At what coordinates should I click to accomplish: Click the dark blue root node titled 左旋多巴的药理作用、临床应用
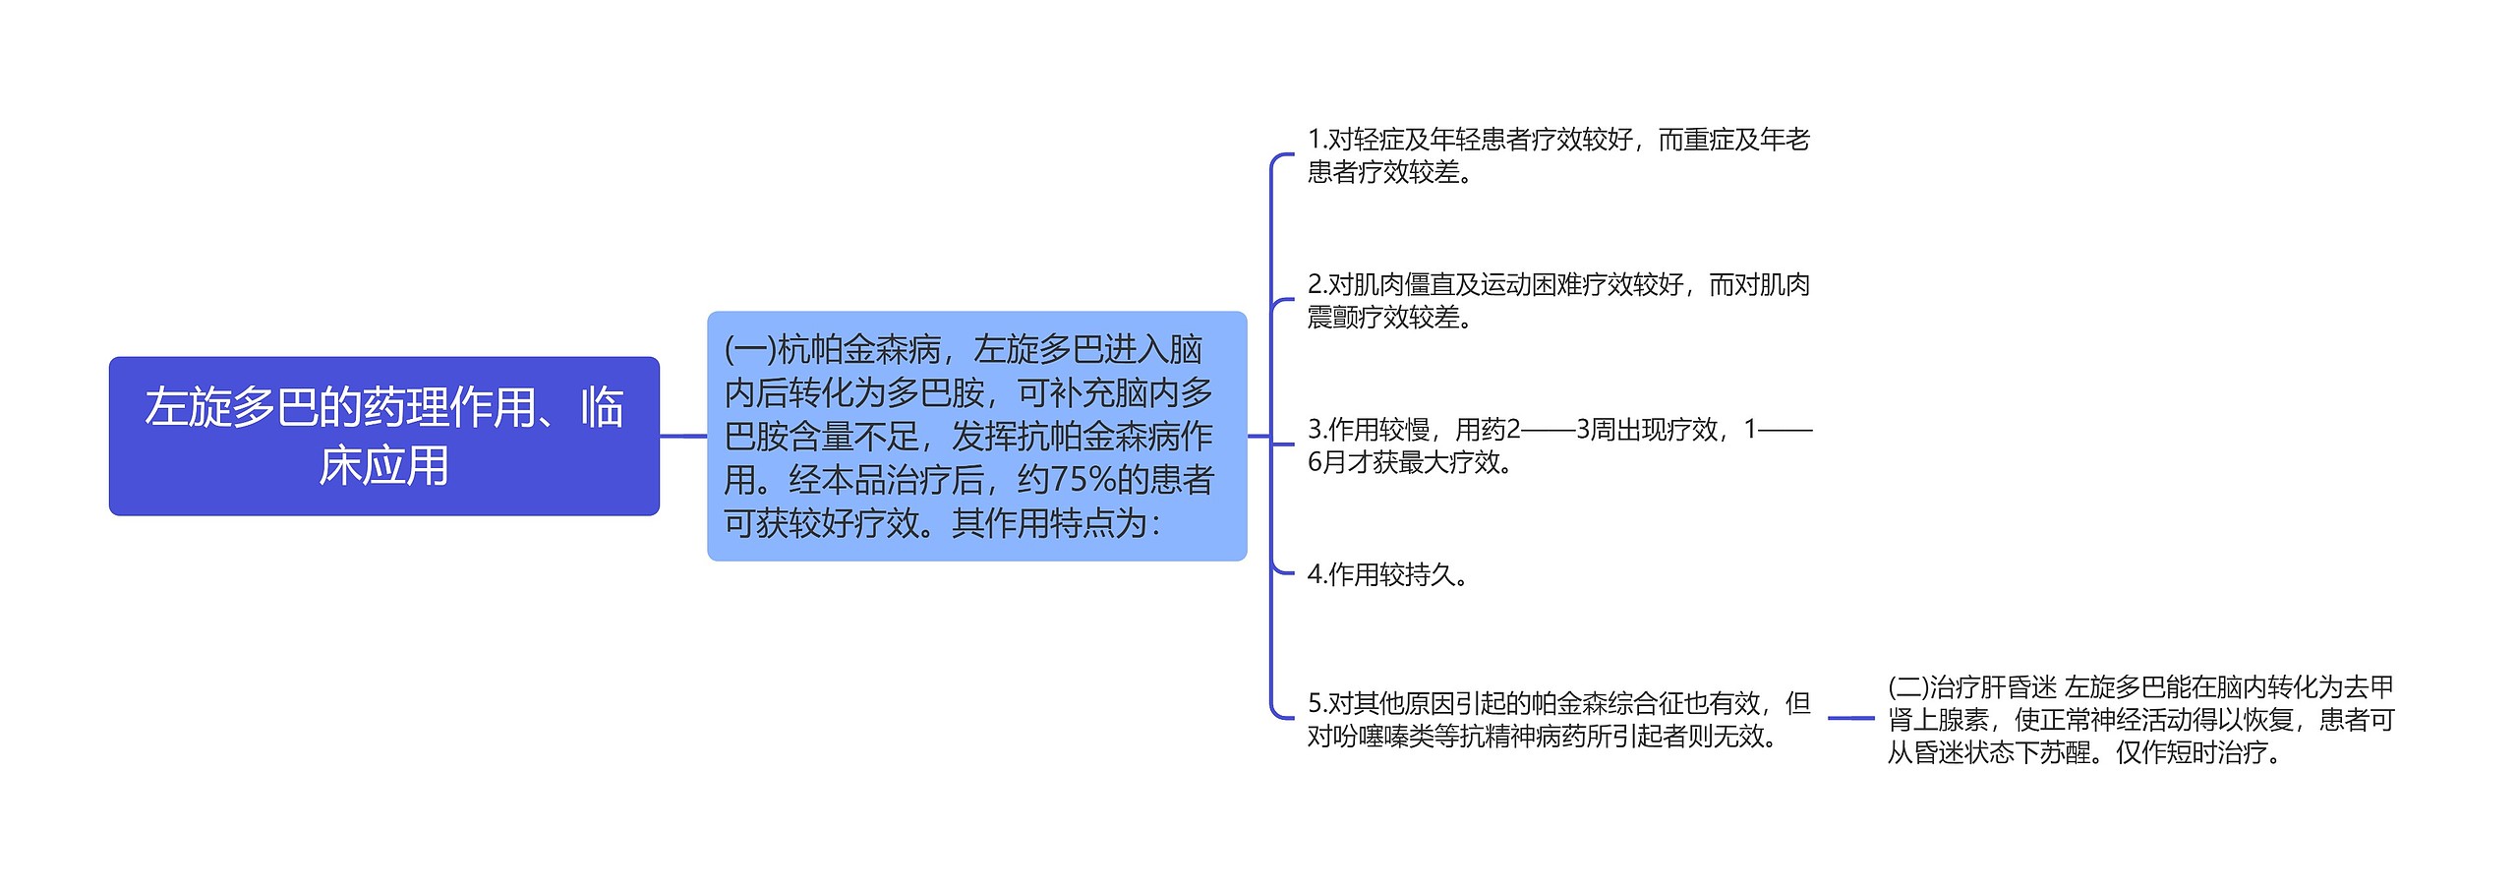383,436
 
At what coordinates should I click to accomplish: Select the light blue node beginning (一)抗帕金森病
976,436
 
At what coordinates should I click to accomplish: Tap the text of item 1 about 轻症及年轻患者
1558,155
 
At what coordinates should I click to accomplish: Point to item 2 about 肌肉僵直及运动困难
1558,300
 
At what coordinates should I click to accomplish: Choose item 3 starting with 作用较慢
1558,444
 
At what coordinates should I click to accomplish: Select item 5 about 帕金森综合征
1558,719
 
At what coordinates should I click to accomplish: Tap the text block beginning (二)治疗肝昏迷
2140,719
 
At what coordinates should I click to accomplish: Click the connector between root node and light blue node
683,436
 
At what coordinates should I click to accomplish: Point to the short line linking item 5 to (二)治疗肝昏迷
1850,719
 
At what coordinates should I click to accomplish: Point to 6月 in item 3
1326,461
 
